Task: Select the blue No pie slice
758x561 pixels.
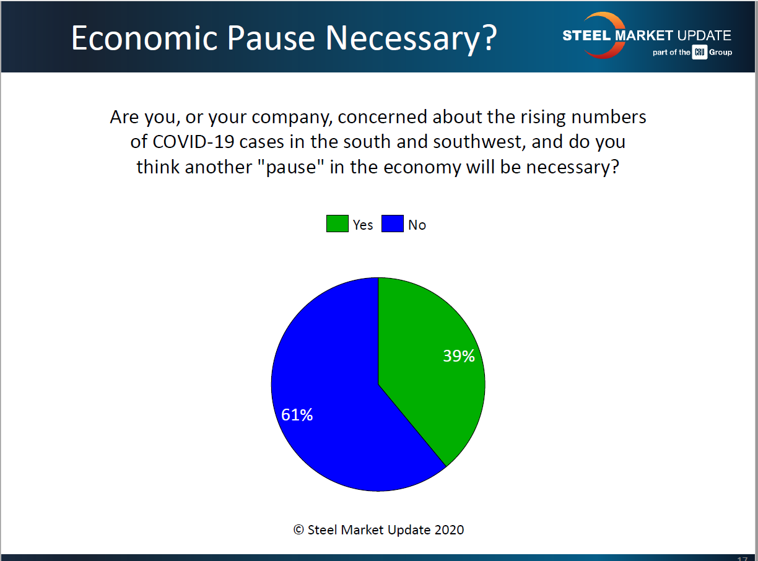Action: click(328, 393)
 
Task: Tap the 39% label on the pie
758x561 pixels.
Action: click(459, 356)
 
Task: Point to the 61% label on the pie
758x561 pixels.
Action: click(297, 415)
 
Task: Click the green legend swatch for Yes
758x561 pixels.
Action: click(338, 224)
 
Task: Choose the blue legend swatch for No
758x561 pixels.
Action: click(393, 224)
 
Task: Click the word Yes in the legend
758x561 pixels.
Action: click(363, 225)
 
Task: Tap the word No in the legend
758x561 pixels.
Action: click(417, 225)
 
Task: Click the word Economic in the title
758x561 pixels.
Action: click(144, 38)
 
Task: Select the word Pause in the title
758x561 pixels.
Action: click(271, 38)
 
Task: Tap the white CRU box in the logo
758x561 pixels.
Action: click(700, 52)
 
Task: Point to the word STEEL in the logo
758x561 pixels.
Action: click(586, 35)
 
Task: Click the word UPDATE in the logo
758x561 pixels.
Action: click(704, 35)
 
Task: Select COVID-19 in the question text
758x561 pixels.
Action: click(193, 142)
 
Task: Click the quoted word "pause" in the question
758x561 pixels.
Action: click(290, 167)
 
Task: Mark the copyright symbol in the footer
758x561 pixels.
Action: click(298, 530)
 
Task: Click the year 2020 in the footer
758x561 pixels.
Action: click(450, 530)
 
